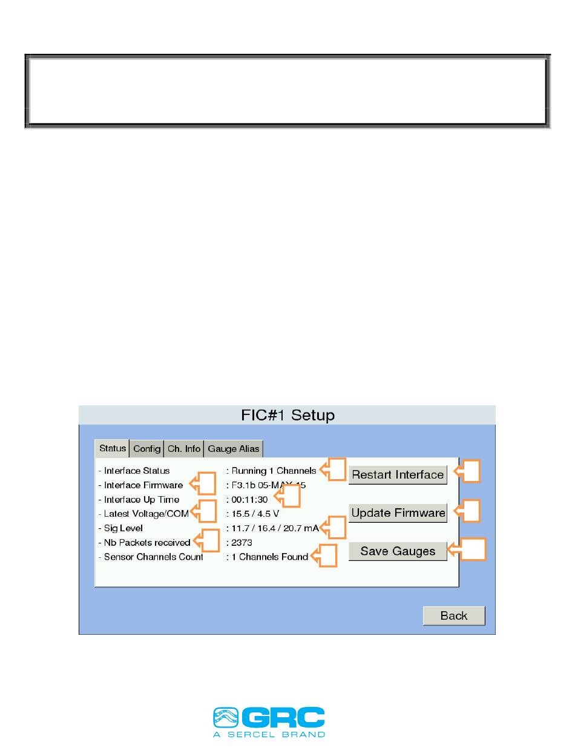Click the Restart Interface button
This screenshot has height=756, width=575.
398,475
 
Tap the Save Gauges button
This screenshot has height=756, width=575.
398,551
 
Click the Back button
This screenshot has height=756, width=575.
453,615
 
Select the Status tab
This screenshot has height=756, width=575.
113,449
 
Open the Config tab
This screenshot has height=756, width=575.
147,449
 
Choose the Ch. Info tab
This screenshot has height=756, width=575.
184,449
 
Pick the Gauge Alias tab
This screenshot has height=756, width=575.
234,449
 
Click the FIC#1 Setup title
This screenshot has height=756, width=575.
287,416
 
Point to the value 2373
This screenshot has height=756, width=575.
242,542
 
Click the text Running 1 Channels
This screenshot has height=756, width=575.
274,471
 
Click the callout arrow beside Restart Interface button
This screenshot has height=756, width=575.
468,471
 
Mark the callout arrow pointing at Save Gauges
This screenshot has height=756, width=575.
468,551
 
